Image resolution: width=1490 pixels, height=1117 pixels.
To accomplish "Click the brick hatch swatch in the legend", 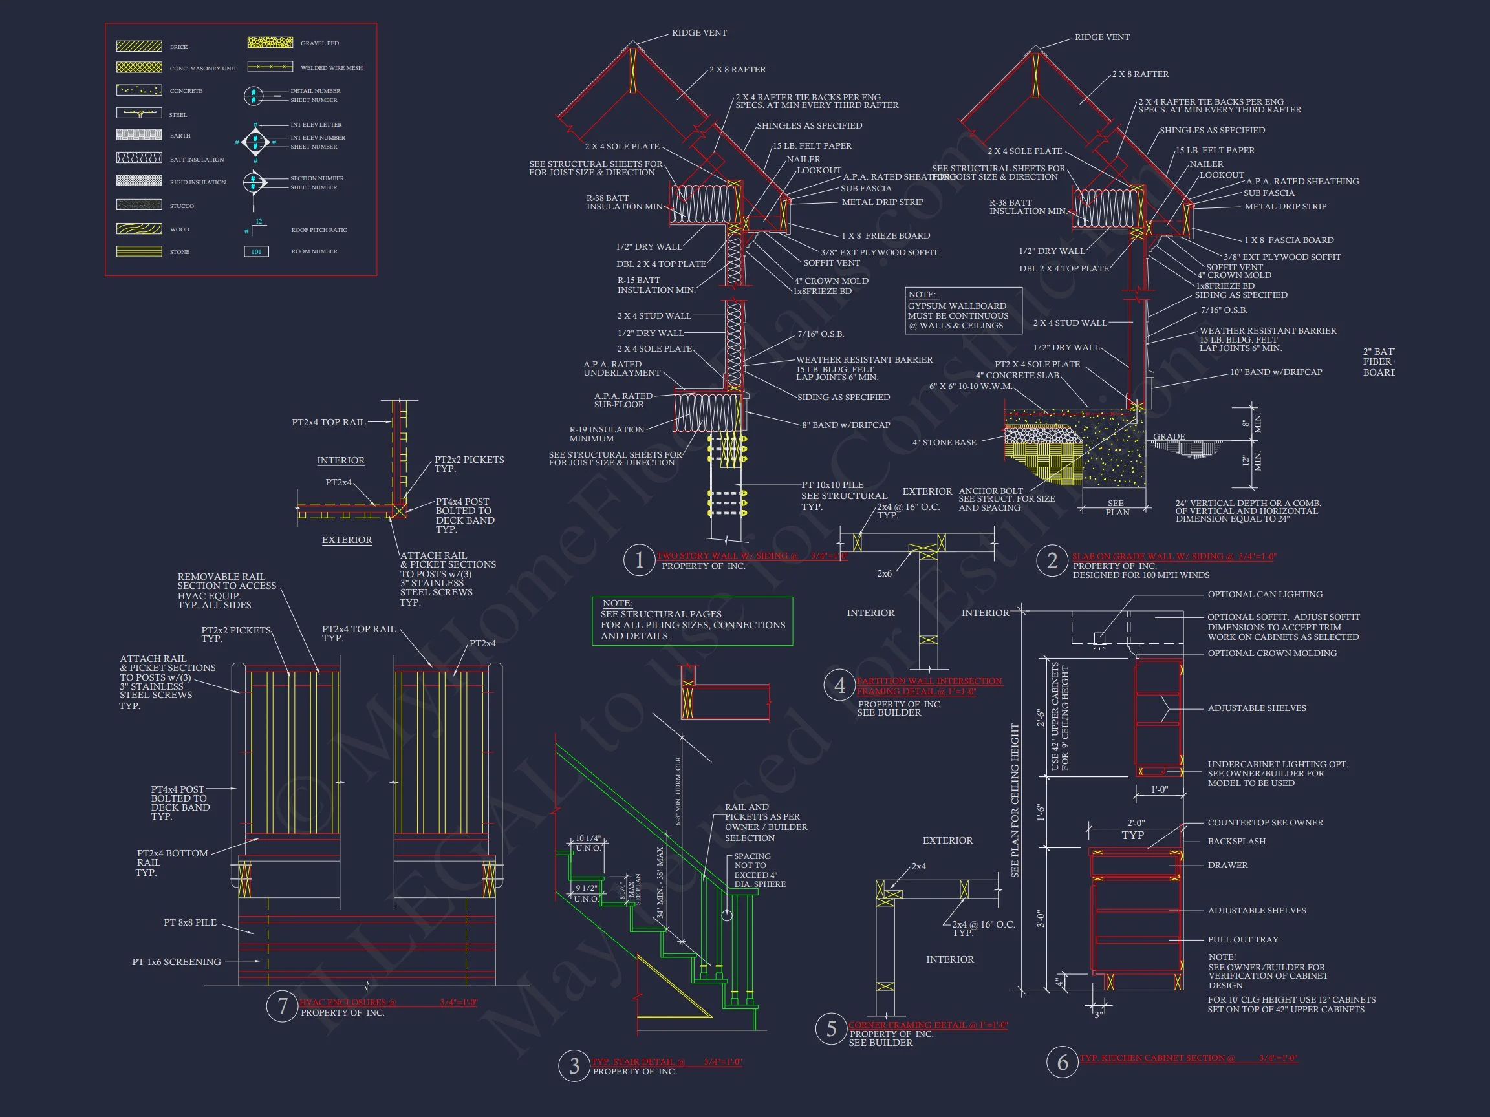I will point(139,47).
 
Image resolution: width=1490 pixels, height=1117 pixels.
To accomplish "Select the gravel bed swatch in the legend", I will point(270,43).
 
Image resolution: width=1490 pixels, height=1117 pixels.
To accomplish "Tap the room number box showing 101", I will point(256,252).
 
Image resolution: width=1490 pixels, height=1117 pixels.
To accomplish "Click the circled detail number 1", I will point(638,560).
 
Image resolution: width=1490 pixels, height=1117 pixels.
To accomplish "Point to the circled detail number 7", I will point(282,1006).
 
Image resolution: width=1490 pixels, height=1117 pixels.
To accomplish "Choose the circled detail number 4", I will point(839,685).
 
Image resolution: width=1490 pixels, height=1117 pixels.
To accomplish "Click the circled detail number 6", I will point(1063,1063).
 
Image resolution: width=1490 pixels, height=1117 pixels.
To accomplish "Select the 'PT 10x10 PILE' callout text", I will point(832,485).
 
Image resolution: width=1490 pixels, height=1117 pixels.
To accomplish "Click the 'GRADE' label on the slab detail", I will point(1169,437).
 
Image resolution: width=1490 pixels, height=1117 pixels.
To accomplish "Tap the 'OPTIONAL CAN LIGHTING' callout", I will point(1264,595).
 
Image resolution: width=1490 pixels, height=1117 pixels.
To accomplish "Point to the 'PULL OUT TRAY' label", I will point(1242,940).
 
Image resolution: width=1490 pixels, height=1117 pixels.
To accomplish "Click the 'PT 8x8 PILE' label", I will point(190,922).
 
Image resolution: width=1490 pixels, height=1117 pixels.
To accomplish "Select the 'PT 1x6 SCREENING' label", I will point(177,962).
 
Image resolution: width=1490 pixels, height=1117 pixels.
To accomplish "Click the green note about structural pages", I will point(692,621).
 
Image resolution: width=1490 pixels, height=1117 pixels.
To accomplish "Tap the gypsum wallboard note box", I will point(963,310).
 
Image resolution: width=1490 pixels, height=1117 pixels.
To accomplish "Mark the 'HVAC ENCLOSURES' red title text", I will point(347,1003).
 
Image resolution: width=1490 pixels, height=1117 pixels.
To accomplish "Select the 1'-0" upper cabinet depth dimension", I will point(1159,789).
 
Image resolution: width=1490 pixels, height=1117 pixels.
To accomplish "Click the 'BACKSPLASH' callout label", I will point(1236,842).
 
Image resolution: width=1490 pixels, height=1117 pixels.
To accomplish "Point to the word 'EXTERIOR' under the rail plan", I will point(346,540).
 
